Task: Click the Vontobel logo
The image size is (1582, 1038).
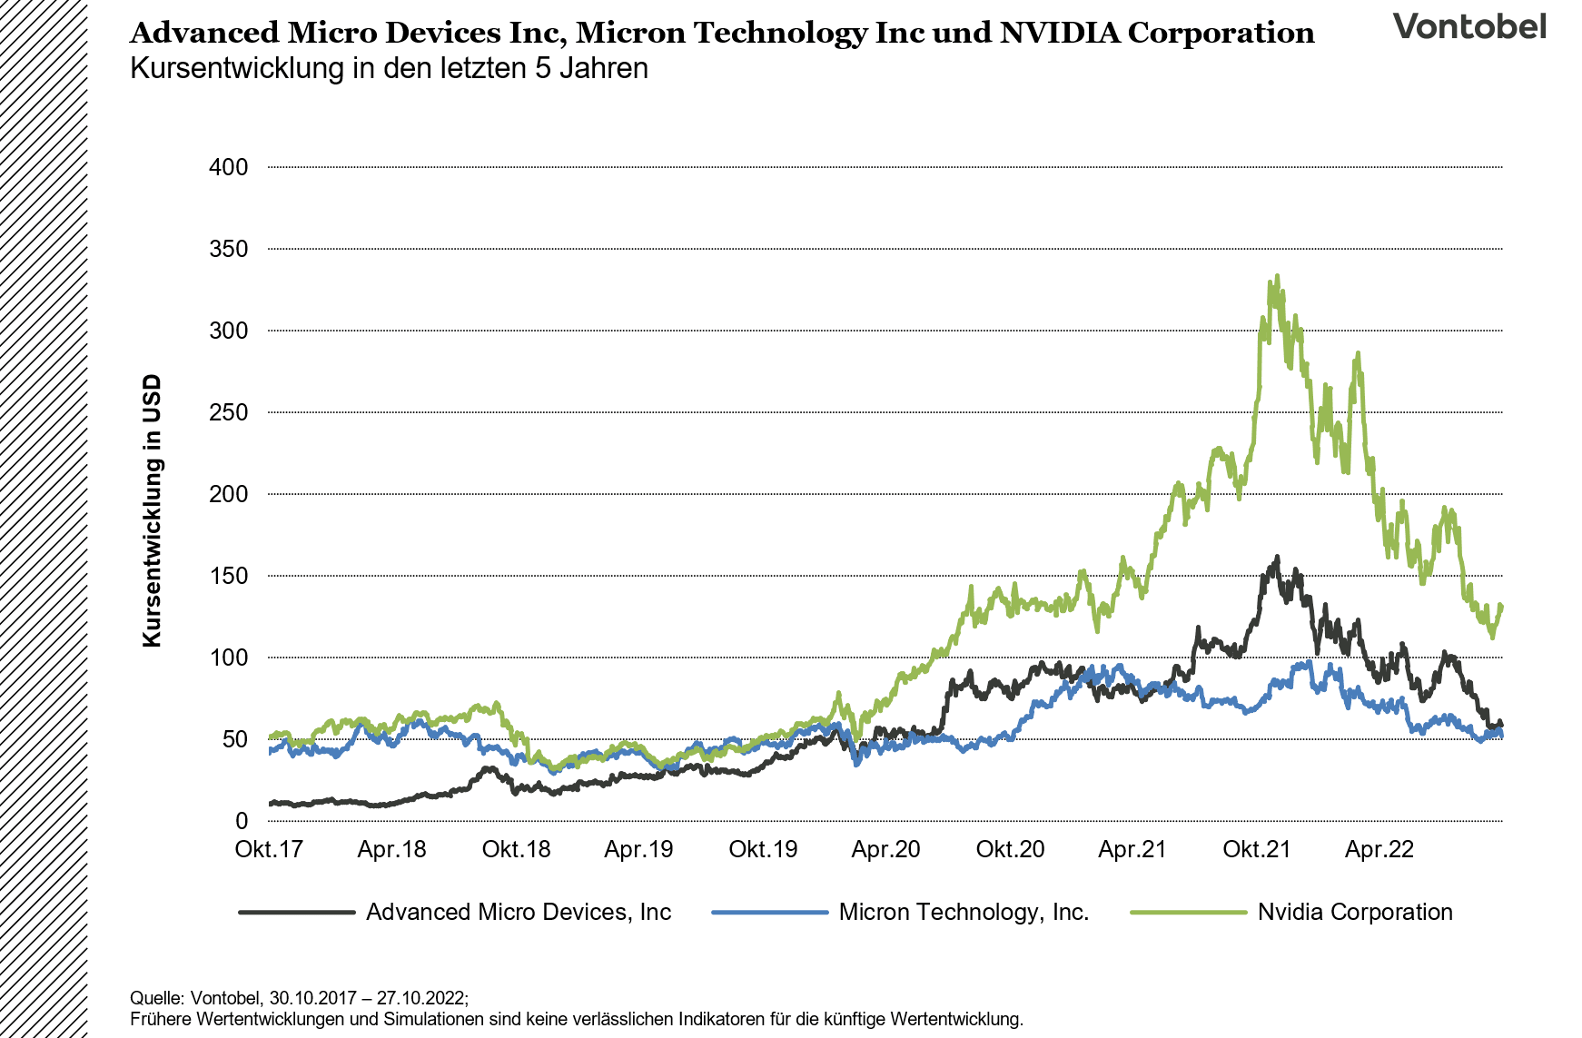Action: (x=1468, y=26)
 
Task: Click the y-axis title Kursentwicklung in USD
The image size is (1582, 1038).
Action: (x=152, y=510)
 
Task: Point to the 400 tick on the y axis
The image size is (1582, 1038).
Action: (x=228, y=167)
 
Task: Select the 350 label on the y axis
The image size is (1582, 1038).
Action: (x=228, y=249)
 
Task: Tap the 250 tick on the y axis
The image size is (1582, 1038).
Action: (x=228, y=412)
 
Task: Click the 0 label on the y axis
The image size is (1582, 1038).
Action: (x=241, y=821)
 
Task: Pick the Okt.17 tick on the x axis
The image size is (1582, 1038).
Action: (x=269, y=850)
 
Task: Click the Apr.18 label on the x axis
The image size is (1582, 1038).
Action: (x=391, y=850)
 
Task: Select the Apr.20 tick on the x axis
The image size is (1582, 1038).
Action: (x=885, y=850)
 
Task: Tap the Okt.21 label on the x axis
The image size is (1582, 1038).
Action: (x=1256, y=850)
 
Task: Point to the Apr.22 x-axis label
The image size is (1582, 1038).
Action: (x=1379, y=850)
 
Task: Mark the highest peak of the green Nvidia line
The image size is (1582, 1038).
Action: (x=1277, y=276)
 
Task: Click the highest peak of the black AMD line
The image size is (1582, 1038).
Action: (x=1277, y=558)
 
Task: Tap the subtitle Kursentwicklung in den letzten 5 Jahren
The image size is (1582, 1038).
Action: (x=389, y=69)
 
